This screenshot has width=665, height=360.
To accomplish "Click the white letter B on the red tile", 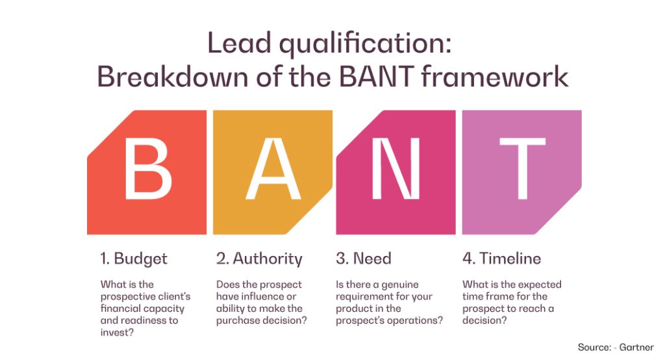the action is pos(148,171).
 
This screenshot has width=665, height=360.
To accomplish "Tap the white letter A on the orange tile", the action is pos(273,171).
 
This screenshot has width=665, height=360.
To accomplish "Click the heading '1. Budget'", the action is pos(134,258).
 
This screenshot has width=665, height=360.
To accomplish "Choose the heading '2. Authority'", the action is pos(259,258).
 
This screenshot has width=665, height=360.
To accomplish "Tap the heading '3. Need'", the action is pos(364,258).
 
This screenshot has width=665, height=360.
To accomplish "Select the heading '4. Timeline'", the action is pos(501,258).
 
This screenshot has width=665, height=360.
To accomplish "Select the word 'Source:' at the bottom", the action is pos(594,347).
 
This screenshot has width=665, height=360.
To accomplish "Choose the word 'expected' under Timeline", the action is pos(541,285).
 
